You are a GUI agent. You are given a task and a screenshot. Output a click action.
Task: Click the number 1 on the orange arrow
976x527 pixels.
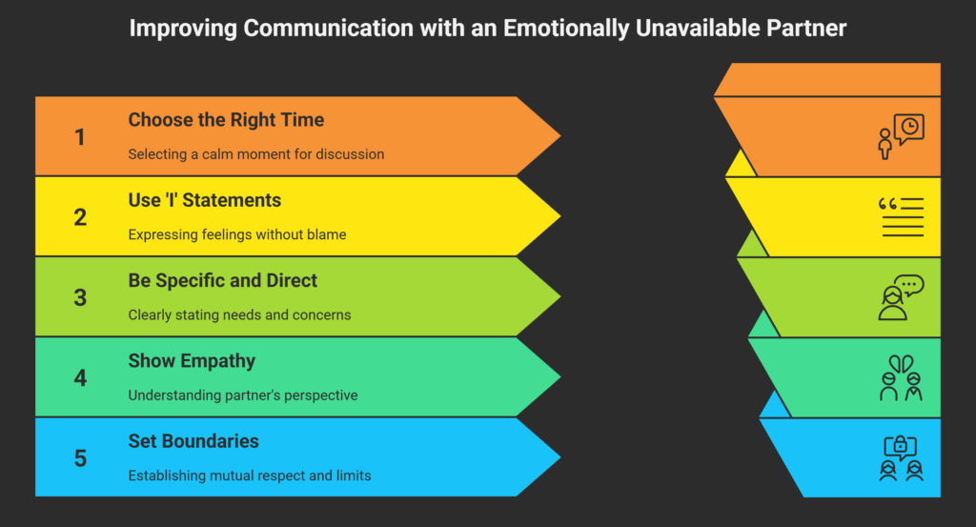pyautogui.click(x=80, y=137)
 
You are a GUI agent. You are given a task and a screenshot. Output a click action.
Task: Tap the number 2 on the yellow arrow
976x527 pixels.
pyautogui.click(x=80, y=217)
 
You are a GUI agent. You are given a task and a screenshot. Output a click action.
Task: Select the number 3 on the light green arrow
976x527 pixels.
pyautogui.click(x=80, y=297)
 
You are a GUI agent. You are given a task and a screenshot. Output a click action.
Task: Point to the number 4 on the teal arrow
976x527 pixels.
pyautogui.click(x=80, y=377)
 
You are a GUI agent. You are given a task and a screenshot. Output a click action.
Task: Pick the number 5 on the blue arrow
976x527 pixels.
pyautogui.click(x=80, y=458)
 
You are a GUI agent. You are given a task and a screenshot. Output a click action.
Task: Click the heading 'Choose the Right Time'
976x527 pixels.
pyautogui.click(x=226, y=120)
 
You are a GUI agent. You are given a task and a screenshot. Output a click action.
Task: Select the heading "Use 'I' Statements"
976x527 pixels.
pyautogui.click(x=205, y=200)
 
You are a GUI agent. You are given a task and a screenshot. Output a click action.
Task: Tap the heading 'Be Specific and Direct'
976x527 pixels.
pyautogui.click(x=223, y=280)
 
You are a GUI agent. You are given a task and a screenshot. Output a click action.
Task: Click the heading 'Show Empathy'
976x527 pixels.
pyautogui.click(x=192, y=361)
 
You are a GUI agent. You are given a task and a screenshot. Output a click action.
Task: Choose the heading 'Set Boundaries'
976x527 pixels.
pyautogui.click(x=193, y=441)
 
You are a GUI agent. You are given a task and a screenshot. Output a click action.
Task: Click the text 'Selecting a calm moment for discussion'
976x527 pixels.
pyautogui.click(x=255, y=154)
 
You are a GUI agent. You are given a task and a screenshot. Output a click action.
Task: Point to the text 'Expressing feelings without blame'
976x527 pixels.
pyautogui.click(x=237, y=234)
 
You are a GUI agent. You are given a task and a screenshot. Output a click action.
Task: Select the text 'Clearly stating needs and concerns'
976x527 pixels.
pyautogui.click(x=239, y=314)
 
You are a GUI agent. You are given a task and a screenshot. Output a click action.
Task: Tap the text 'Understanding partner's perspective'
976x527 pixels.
pyautogui.click(x=243, y=395)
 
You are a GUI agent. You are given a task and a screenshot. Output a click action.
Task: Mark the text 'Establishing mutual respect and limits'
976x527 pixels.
pyautogui.click(x=250, y=476)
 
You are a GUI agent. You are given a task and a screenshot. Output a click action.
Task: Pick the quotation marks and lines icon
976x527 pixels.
pyautogui.click(x=901, y=217)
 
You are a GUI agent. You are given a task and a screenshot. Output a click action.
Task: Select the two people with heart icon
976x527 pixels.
pyautogui.click(x=901, y=377)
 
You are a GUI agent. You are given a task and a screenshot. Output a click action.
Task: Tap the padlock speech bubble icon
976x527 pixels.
pyautogui.click(x=901, y=458)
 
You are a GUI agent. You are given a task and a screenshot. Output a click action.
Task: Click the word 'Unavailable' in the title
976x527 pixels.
pyautogui.click(x=698, y=29)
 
